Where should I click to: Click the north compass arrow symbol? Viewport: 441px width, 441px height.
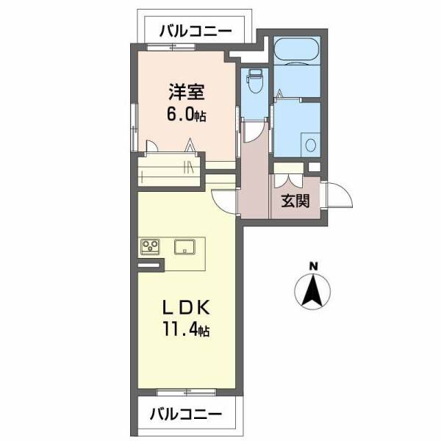tap(312, 291)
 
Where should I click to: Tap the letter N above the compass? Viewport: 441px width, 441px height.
tap(312, 266)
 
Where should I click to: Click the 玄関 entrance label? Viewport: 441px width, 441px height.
tap(295, 201)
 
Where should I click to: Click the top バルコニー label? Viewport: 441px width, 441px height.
tap(196, 32)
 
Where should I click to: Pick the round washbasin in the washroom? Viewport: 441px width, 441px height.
tap(310, 144)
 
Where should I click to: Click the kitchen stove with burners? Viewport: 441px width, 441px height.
tap(151, 247)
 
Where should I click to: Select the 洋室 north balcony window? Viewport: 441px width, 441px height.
tap(171, 47)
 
